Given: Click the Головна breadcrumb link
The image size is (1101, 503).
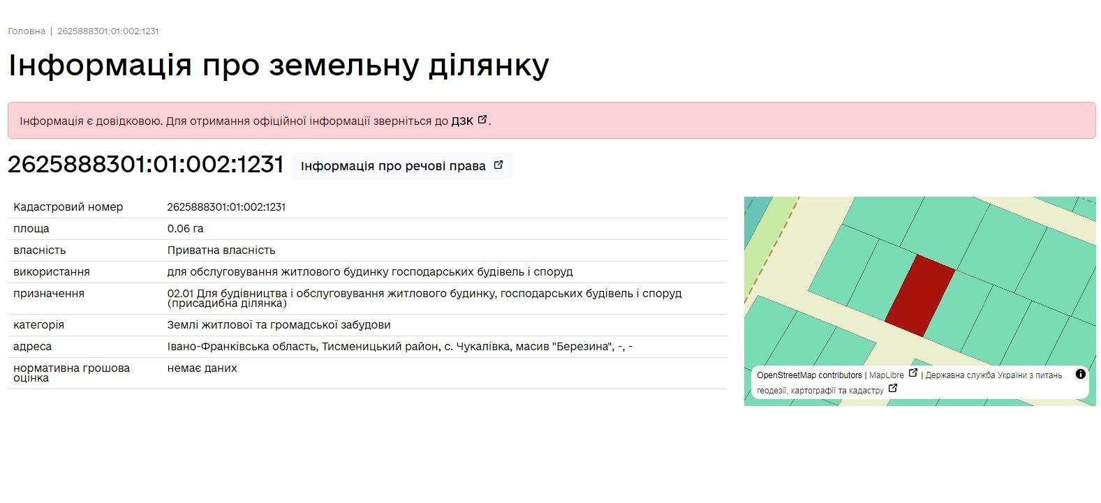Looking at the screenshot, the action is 27,31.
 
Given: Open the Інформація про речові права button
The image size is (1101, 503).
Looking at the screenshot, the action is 402,166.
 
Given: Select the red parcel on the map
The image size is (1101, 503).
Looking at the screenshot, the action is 919,296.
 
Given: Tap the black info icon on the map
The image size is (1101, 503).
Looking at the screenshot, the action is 1080,374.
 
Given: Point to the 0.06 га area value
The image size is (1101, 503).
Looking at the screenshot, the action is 185,228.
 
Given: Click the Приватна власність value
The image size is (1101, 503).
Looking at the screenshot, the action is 221,250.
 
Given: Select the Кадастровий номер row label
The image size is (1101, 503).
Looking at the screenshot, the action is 68,207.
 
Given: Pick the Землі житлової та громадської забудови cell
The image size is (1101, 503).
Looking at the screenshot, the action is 279,324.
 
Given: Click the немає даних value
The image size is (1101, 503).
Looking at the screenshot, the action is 202,368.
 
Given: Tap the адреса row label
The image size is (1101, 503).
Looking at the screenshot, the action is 32,346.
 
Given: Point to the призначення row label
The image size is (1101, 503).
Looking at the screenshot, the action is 49,294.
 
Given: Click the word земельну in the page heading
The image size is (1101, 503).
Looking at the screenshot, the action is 343,66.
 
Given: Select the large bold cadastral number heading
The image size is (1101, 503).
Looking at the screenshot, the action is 145,165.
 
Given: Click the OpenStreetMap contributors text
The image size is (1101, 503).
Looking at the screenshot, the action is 809,375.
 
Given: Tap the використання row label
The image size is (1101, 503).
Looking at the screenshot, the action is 52,272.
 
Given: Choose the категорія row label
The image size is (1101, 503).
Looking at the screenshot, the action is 39,325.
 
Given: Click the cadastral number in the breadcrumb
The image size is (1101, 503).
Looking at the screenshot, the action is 108,31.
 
